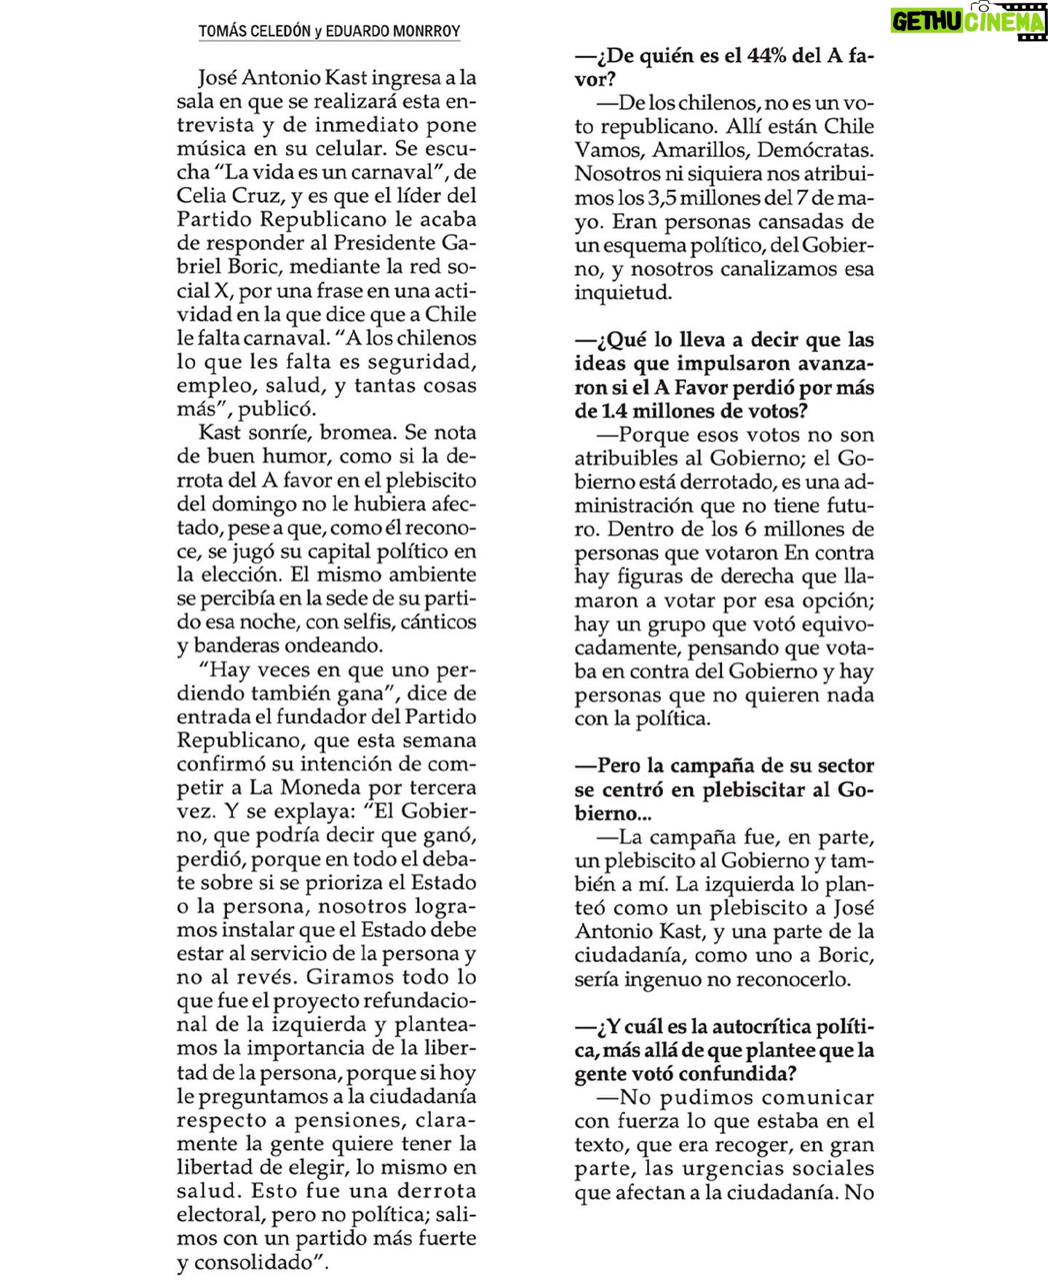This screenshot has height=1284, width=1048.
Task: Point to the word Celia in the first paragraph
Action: (200, 196)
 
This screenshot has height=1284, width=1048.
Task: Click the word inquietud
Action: (623, 293)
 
